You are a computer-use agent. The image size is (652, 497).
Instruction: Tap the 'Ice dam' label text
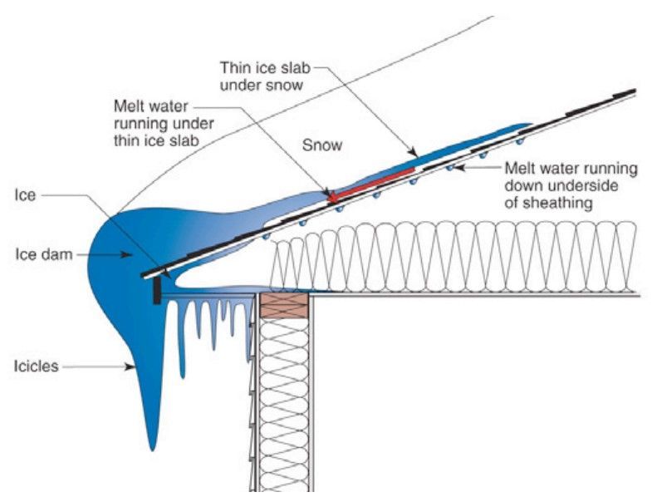tap(34, 254)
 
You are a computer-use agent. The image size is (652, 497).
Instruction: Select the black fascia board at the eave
tap(158, 291)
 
